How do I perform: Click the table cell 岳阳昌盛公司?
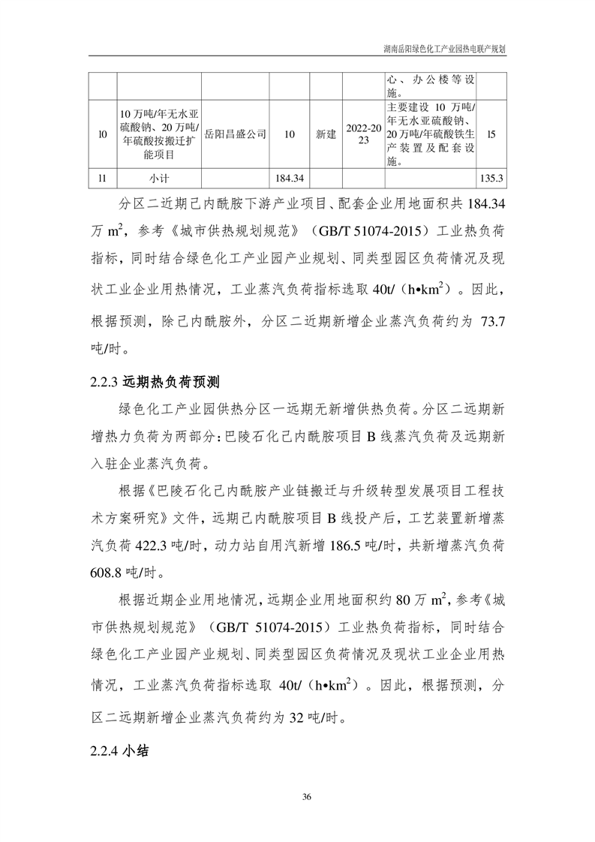click(235, 134)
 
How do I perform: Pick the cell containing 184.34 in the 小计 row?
click(289, 179)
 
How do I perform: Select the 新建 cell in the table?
click(326, 134)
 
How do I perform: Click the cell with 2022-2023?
click(364, 134)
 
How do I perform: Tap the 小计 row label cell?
click(158, 179)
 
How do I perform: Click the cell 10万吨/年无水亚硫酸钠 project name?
click(158, 134)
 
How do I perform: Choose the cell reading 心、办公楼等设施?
click(430, 86)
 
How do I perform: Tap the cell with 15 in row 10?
click(492, 134)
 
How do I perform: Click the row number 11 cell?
click(103, 179)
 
